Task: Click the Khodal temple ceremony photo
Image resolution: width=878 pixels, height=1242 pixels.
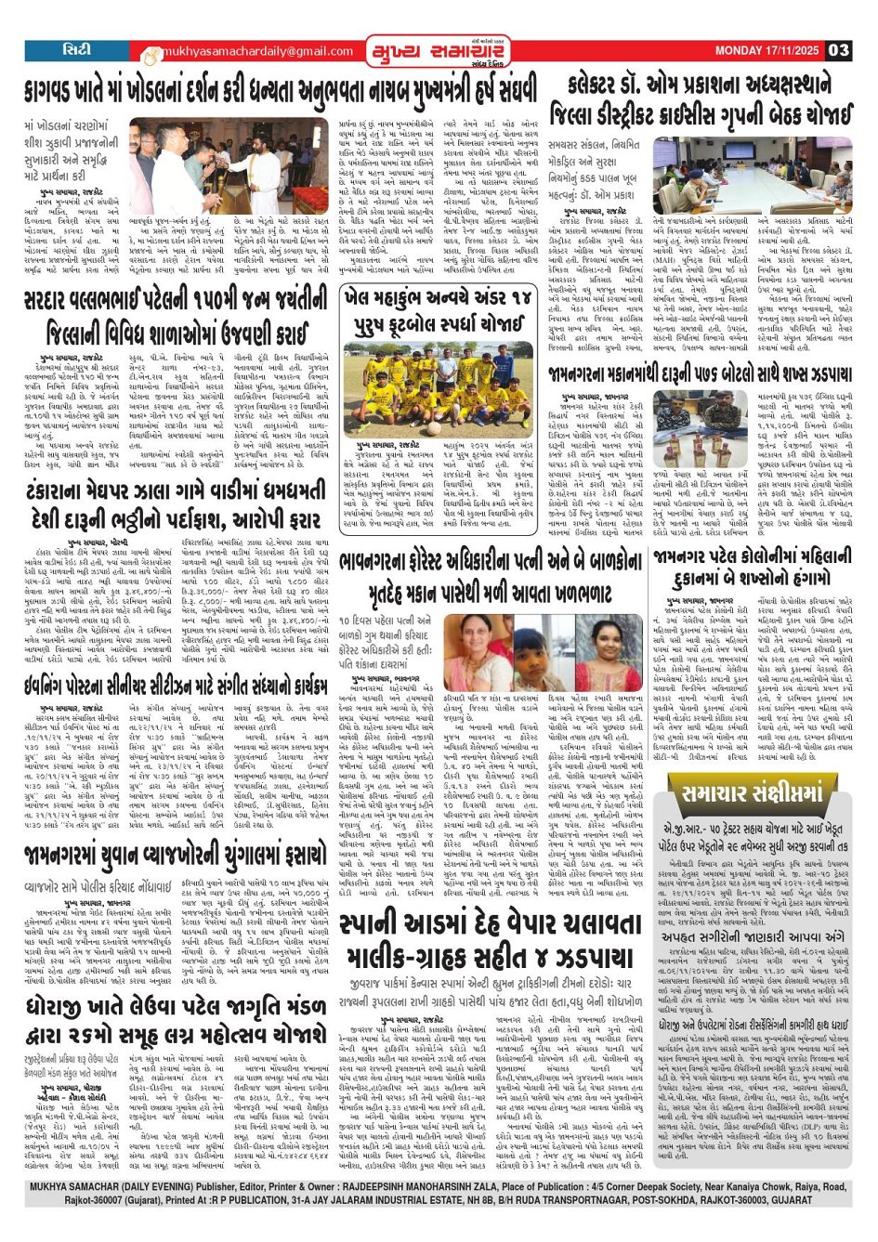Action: pos(229,166)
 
